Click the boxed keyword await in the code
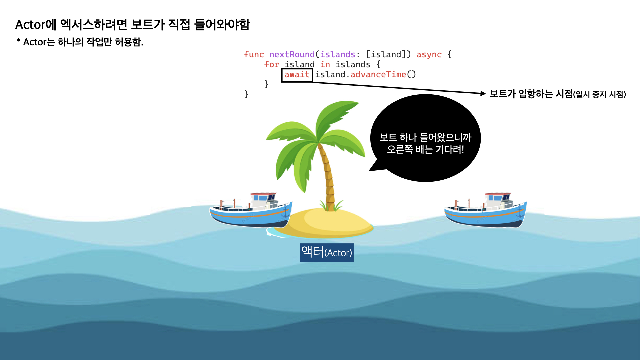[x=297, y=75]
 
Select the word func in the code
[x=254, y=55]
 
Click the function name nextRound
[x=292, y=55]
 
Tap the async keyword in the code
[x=429, y=55]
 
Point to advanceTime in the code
[x=378, y=75]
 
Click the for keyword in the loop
[x=271, y=65]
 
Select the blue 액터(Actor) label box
[x=326, y=253]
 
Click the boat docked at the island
[x=251, y=211]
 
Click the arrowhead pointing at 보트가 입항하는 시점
[x=483, y=94]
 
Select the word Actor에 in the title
[x=36, y=25]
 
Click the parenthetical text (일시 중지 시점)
[x=599, y=95]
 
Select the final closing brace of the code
[x=246, y=94]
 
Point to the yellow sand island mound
[x=330, y=223]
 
